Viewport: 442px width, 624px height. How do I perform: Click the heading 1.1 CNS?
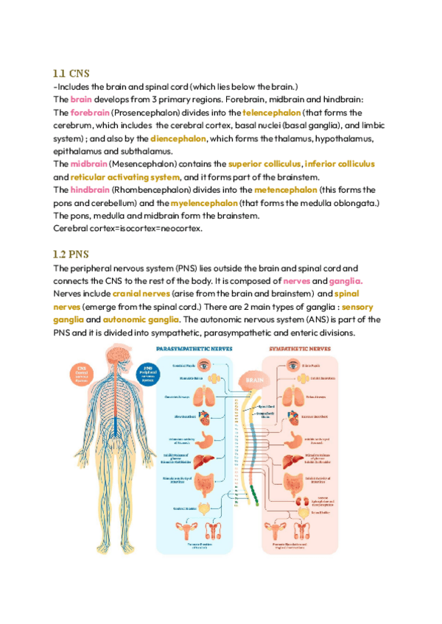(x=70, y=74)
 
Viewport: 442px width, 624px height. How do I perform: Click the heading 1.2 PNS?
(x=70, y=255)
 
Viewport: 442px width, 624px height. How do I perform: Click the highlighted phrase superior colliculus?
(x=264, y=163)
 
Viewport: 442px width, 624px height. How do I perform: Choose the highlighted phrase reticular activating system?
(x=125, y=177)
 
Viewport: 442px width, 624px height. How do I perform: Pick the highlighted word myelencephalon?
(x=204, y=202)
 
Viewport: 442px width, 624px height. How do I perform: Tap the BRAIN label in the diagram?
(x=255, y=381)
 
